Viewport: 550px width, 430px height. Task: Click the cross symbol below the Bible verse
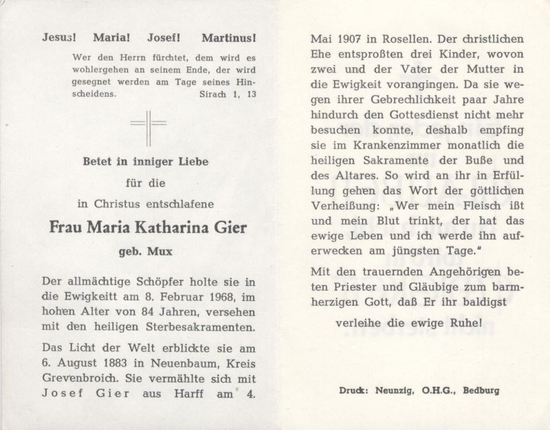coord(148,128)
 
